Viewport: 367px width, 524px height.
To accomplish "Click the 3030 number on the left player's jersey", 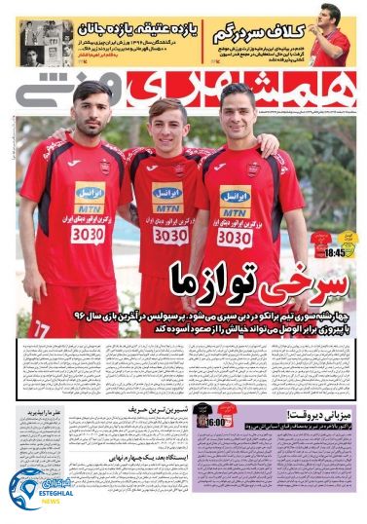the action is click(x=91, y=235).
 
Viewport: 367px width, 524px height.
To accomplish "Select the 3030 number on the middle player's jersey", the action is click(x=170, y=235).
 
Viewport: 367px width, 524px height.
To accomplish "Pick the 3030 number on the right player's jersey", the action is click(x=234, y=236).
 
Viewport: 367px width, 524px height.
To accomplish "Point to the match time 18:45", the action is click(x=335, y=251).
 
